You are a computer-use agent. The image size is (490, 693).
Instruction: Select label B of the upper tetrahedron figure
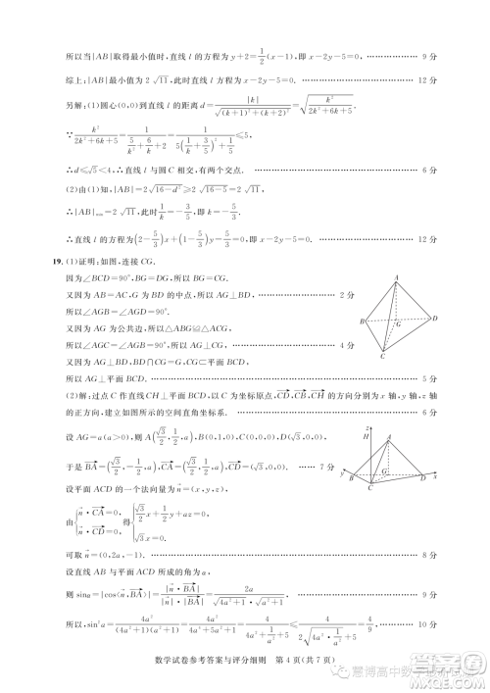tap(363, 322)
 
